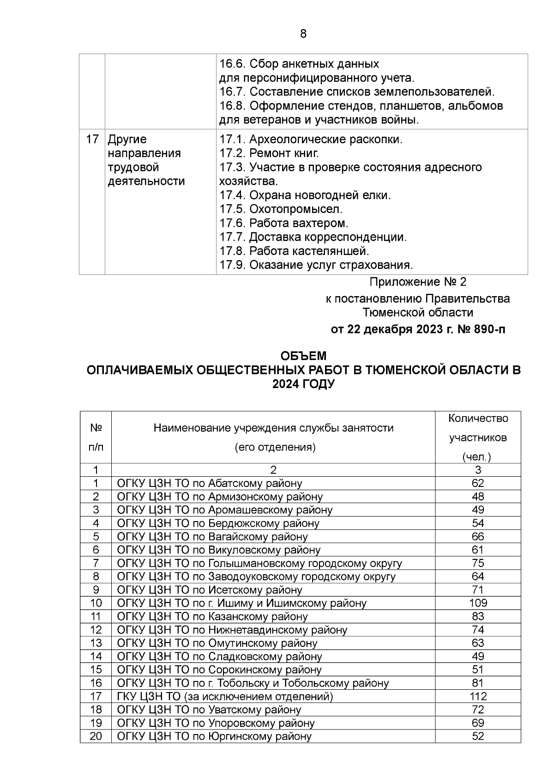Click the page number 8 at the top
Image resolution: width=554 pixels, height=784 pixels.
303,34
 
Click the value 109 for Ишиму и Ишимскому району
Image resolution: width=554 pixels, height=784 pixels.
478,603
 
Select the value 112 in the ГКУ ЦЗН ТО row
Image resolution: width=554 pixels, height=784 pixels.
478,696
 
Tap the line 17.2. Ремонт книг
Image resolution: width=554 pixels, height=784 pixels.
269,153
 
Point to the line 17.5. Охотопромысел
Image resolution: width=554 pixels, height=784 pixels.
281,209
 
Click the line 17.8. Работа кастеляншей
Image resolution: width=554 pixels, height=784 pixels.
294,251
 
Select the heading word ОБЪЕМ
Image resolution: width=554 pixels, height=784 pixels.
303,356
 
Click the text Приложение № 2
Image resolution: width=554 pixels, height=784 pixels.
418,282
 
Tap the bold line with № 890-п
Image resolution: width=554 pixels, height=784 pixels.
418,329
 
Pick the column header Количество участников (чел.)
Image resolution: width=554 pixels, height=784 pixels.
478,437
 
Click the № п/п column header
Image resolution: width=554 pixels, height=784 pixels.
96,437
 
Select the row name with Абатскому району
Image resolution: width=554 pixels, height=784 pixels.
210,484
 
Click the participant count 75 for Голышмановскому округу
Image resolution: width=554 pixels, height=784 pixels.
478,563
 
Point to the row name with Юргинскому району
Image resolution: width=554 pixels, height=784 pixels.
214,736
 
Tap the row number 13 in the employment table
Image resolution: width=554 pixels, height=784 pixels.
96,643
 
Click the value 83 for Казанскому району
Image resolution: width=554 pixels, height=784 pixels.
478,616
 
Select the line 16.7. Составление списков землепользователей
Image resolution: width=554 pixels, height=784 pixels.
356,91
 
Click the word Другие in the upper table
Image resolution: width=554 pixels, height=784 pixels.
127,139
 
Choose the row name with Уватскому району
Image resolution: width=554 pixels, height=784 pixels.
209,710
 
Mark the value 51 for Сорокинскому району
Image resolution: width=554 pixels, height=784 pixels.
478,670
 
